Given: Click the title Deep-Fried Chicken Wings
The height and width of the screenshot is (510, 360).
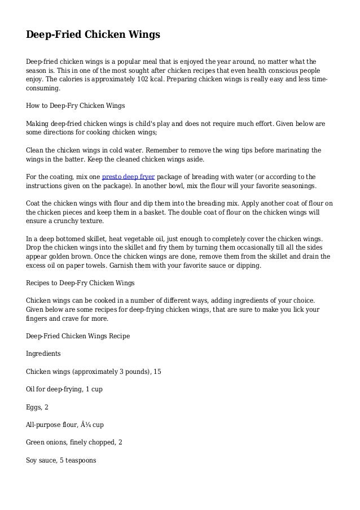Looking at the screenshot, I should tap(93, 35).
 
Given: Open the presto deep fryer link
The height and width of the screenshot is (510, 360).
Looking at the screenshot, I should tap(128, 176).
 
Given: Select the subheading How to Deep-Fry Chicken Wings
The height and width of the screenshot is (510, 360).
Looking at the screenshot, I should tap(76, 106).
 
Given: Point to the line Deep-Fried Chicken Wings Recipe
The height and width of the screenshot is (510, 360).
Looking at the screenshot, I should tap(78, 336).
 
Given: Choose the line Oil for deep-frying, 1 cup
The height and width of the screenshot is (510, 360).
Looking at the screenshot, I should tap(64, 389).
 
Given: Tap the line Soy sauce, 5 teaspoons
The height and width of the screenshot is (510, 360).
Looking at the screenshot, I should tap(62, 460).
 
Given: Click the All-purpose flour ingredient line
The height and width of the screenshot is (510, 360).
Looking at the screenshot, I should tap(64, 425).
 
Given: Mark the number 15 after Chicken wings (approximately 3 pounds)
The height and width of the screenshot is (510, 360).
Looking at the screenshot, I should tap(157, 372).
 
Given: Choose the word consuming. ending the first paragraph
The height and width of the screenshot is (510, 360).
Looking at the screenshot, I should tap(43, 89).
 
